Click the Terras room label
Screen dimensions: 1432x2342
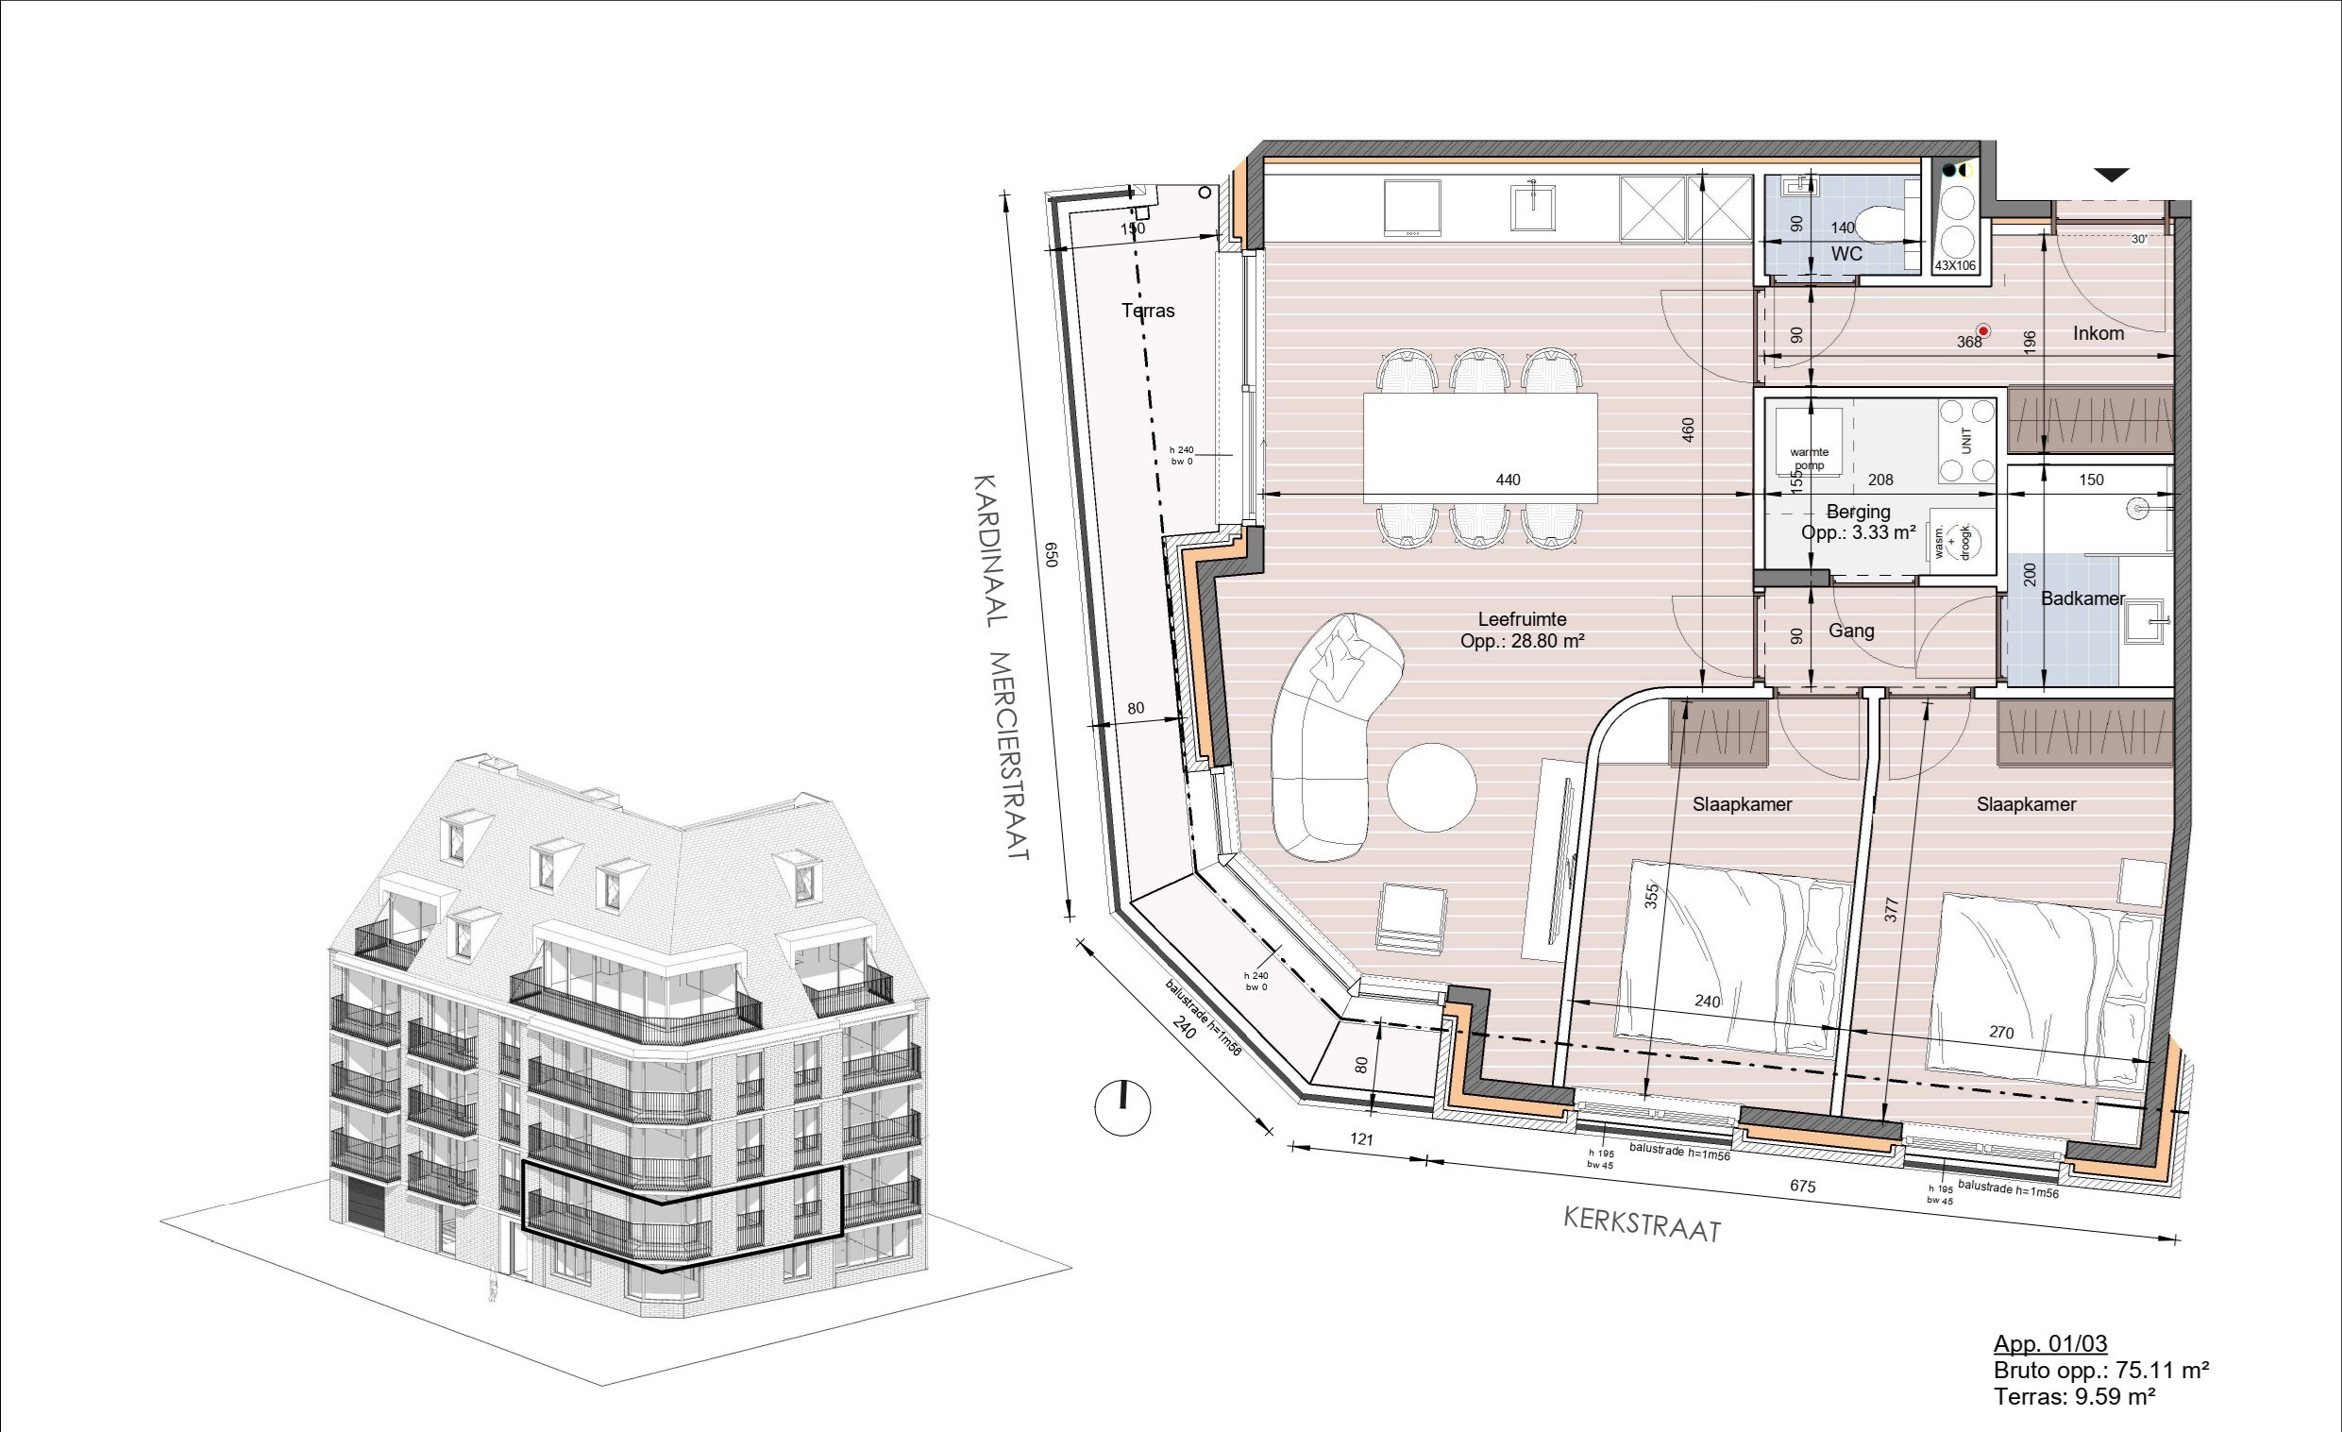pos(1147,311)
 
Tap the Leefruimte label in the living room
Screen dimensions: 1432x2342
pos(1522,619)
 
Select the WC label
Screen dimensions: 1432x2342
pos(1845,254)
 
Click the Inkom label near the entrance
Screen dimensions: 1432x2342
pos(2098,333)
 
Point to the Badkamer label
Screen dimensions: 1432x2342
pos(2082,598)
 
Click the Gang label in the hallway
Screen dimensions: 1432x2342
pos(1850,631)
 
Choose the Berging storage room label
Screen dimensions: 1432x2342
pos(1858,513)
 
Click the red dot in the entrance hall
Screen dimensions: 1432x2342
pos(1982,331)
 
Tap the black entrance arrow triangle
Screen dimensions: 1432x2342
pos(2112,175)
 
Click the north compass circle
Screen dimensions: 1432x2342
pos(1122,1107)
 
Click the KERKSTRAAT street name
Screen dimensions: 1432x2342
pos(1643,1226)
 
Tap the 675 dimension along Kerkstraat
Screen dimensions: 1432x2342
pos(1802,1186)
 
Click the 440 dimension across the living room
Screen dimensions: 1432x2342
pos(1508,480)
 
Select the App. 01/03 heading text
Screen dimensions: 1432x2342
pos(2050,1343)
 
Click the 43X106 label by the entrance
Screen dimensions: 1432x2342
pos(1955,266)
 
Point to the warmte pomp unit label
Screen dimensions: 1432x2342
pos(1809,458)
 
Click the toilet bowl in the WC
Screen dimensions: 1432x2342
pos(1879,226)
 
